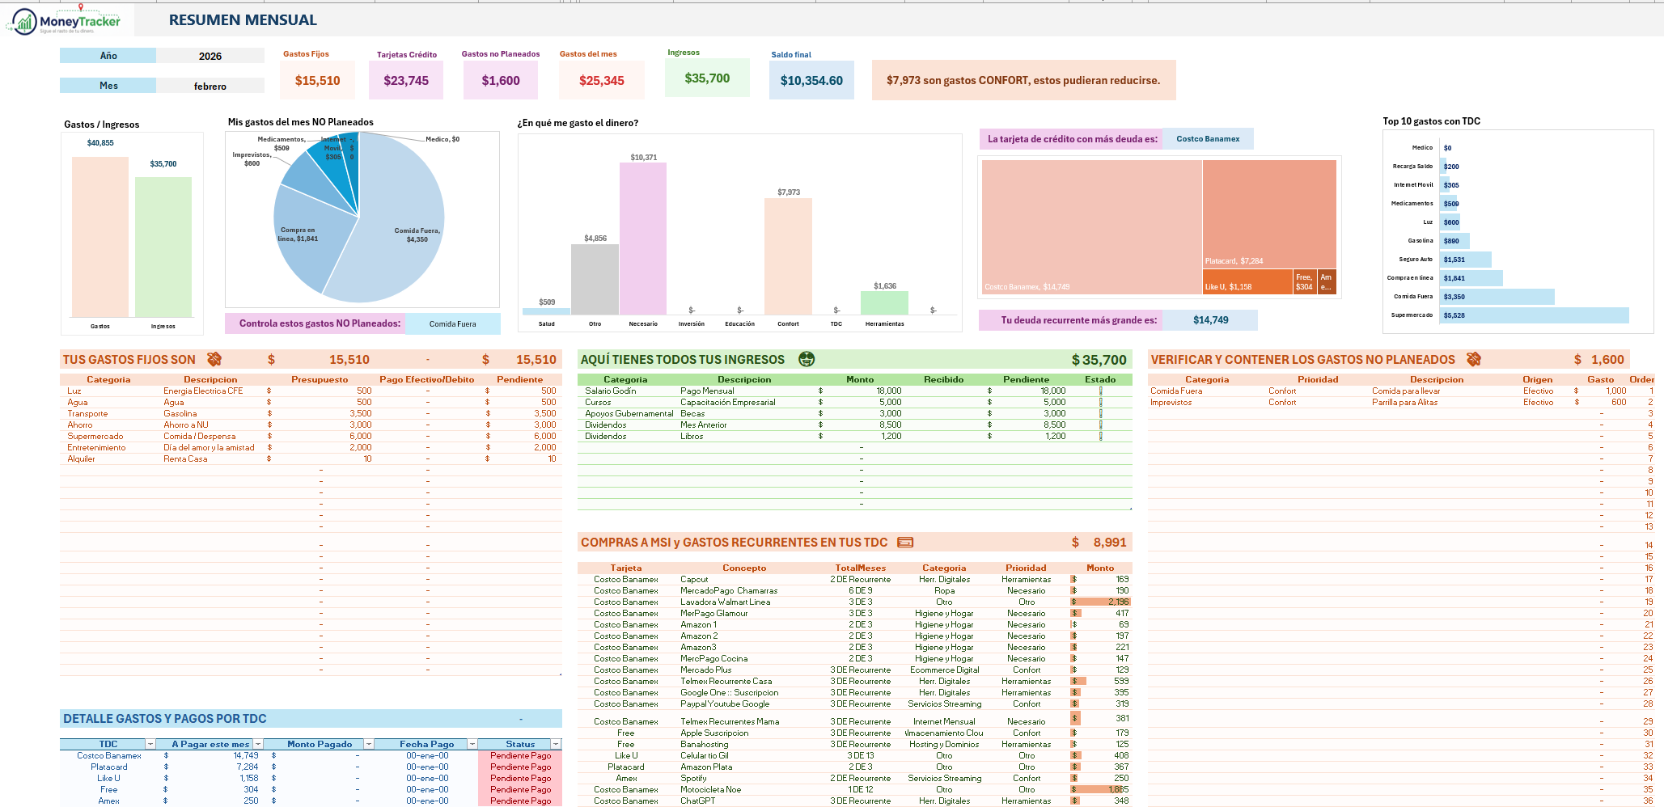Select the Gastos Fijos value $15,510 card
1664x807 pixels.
317,80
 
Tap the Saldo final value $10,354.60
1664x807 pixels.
811,80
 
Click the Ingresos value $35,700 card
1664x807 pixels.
707,78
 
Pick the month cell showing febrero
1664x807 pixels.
210,86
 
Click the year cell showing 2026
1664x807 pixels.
210,56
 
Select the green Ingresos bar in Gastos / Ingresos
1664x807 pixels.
163,247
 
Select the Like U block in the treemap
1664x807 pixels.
1247,281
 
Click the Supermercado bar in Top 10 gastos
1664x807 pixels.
1534,315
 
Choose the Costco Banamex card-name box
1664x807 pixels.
1208,139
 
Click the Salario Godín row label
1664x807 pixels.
611,391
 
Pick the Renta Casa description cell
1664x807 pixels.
185,459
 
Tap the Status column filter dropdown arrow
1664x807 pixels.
556,744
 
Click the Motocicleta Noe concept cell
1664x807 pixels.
710,790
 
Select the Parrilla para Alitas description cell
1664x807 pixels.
1404,403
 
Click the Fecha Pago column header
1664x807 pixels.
426,744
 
